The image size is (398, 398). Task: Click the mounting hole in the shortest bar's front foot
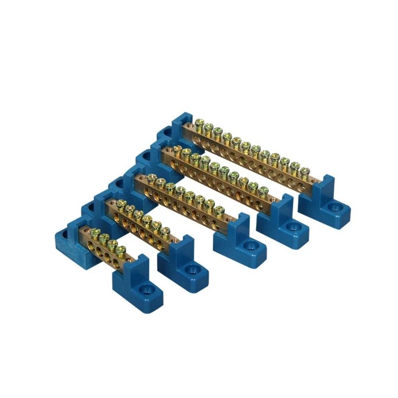pos(146,287)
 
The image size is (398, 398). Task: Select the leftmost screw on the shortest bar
pos(95,232)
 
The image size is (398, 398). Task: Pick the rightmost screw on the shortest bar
pos(121,249)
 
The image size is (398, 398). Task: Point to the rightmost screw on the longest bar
pos(304,172)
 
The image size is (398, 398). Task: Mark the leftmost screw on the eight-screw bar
pos(151,178)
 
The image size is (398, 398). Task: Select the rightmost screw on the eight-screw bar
pos(219,210)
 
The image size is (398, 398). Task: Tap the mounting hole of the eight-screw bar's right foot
pos(250,246)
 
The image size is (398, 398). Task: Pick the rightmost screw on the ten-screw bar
pos(263,190)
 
